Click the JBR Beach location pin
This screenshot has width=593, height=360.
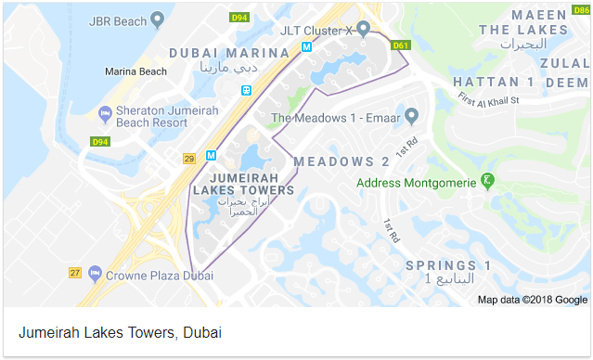158,18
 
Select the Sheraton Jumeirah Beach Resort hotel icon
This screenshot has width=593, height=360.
104,114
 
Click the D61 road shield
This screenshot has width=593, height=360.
401,45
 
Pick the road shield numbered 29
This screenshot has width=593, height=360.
188,159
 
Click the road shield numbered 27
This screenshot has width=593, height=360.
75,273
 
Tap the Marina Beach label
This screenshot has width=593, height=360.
135,71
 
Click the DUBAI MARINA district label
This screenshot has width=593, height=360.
224,53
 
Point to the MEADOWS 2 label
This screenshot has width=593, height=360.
341,161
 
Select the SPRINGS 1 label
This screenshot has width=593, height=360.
448,266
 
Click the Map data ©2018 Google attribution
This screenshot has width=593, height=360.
533,300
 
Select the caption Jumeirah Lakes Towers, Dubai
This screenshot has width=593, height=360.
120,332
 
